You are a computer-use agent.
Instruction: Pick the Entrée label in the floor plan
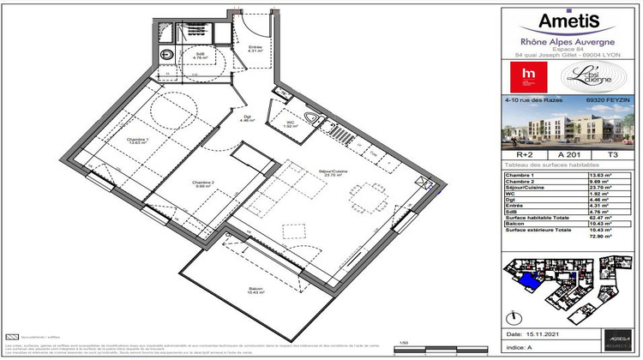(x=255, y=48)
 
